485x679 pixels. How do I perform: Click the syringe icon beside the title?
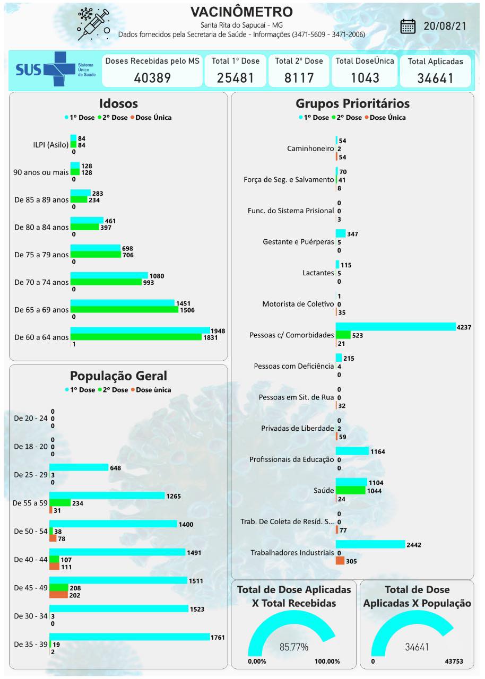coord(93,24)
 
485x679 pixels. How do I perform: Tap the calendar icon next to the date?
coord(408,26)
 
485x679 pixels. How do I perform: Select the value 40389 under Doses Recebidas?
coord(152,78)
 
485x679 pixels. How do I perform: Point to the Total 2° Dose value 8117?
coord(299,78)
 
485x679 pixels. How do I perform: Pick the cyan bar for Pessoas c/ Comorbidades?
coord(395,326)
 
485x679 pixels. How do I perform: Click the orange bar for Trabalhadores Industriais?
coord(340,561)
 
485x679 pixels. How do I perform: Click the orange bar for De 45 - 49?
coord(58,595)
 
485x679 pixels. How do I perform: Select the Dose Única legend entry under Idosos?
coord(151,118)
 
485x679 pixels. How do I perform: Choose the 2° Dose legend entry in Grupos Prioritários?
coord(347,118)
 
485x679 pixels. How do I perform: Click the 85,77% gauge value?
coord(294,647)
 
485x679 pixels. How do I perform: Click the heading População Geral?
coord(118,376)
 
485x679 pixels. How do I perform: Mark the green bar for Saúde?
coord(351,491)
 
